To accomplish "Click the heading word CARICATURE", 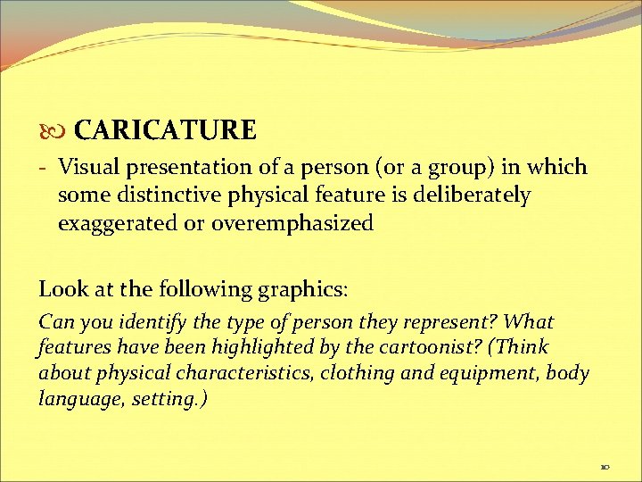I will click(x=165, y=130).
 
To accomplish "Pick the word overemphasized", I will click(x=292, y=224).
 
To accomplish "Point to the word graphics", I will click(x=300, y=289).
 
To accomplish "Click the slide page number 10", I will click(x=605, y=466).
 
